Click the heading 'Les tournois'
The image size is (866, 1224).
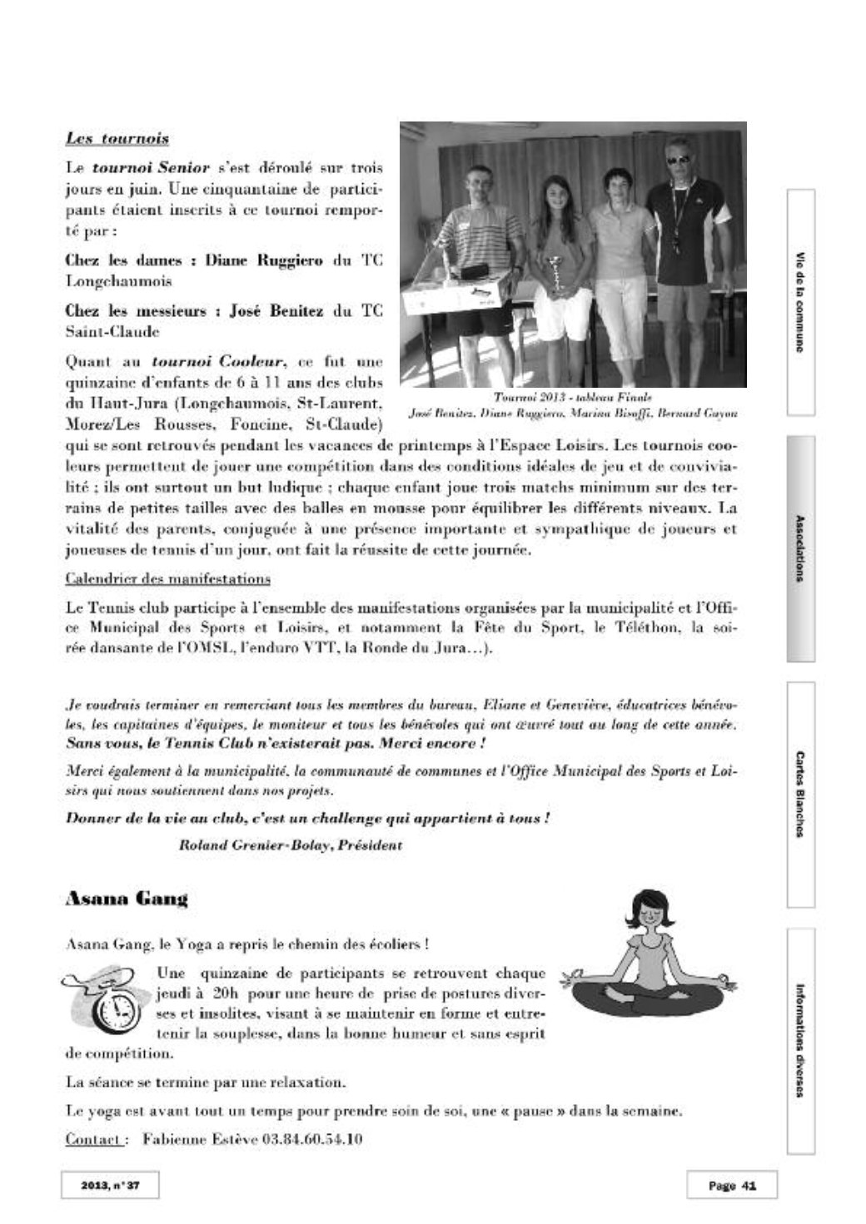coord(117,138)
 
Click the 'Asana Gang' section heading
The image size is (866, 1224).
coord(126,899)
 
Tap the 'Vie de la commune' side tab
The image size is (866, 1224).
coord(800,302)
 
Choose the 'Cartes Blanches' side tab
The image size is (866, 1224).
coord(800,794)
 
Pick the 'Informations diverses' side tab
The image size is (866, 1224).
coord(800,1041)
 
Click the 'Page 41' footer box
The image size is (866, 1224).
coord(731,1186)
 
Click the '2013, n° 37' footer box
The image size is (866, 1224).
coord(109,1186)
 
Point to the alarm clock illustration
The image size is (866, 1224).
coord(112,1009)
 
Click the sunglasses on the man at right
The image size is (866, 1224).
coord(679,159)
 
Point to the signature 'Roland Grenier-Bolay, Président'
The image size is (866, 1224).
coord(291,845)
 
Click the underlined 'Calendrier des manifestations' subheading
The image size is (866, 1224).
coord(167,578)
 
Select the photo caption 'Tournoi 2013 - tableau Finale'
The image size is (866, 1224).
coord(572,398)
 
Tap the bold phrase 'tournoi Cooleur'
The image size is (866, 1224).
coord(219,362)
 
